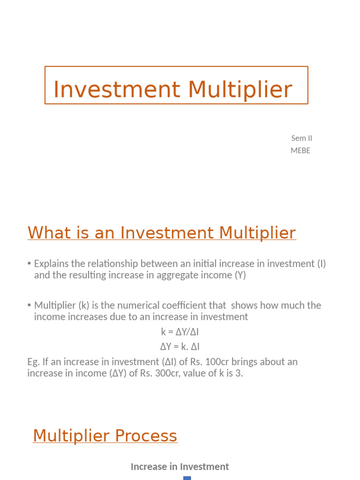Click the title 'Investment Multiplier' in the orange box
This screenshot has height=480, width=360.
tap(172, 90)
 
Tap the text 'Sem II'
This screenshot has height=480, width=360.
tap(301, 138)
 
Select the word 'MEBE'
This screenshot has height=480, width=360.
tap(300, 150)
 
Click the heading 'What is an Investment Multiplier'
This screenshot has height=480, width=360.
tap(162, 232)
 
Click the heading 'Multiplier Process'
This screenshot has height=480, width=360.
tap(105, 435)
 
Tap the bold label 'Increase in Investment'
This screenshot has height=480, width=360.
tap(180, 466)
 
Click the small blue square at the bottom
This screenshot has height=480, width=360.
tap(187, 478)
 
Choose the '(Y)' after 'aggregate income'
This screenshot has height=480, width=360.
tap(240, 275)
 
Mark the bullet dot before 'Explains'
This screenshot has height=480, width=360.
tap(30, 264)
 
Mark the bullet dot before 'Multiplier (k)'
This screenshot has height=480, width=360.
tap(30, 305)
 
